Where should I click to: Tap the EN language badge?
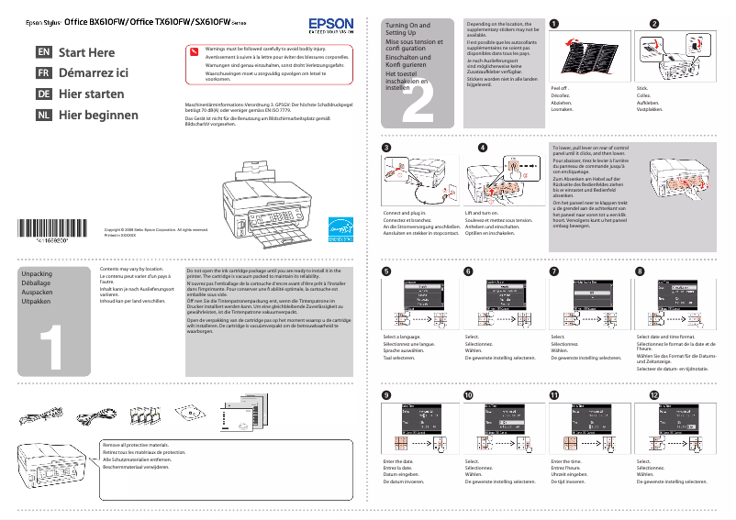(43, 53)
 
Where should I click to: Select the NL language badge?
(43, 116)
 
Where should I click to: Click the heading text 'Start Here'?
(87, 53)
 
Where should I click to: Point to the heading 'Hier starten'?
(92, 94)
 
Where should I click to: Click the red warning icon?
(194, 50)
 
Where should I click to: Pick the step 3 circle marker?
(386, 148)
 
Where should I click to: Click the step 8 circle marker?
(640, 271)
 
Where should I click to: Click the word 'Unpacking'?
(37, 274)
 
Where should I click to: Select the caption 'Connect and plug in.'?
(405, 213)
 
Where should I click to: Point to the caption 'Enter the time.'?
(567, 461)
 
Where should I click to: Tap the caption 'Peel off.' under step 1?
(560, 87)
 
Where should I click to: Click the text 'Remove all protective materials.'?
(137, 444)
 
